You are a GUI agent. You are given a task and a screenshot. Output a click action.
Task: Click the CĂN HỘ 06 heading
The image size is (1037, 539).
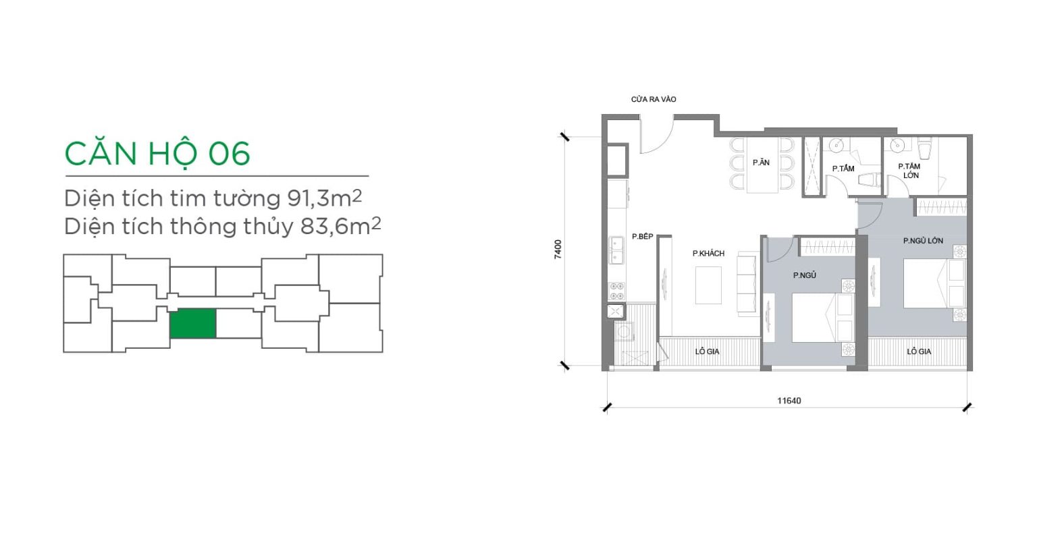(x=157, y=154)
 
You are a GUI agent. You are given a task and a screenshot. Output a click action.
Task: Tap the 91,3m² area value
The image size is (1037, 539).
(x=324, y=198)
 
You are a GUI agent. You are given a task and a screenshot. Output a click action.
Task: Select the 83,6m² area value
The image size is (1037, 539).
(x=340, y=226)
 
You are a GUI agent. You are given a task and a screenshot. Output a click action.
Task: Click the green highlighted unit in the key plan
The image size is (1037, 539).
(x=192, y=323)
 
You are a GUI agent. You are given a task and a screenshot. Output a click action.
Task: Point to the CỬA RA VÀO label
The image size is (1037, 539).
(x=654, y=99)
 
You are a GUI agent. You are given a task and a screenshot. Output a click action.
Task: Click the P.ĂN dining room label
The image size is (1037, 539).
(x=761, y=163)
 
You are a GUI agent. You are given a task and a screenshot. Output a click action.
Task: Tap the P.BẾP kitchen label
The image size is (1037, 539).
(x=643, y=236)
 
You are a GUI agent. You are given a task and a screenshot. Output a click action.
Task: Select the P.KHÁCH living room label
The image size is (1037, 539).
(x=708, y=253)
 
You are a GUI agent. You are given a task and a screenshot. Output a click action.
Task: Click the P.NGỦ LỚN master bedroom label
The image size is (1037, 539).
(x=923, y=241)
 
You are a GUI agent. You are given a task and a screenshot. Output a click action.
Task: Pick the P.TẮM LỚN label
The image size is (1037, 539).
(x=909, y=171)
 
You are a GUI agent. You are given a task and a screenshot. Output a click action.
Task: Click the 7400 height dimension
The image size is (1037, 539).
(x=558, y=249)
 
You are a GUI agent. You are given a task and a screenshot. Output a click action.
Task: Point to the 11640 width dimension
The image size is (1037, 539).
(x=789, y=401)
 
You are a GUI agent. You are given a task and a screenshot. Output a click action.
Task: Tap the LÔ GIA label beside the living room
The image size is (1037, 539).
(x=707, y=351)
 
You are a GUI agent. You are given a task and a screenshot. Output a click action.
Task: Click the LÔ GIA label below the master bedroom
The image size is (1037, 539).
(x=919, y=351)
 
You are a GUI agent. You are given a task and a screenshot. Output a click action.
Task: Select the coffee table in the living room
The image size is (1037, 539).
(x=708, y=285)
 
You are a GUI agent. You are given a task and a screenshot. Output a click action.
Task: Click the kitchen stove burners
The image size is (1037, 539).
(x=616, y=291)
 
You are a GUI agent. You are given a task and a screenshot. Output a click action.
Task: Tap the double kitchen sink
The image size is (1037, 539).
(x=616, y=250)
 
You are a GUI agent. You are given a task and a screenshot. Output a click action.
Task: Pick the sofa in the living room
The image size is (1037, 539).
(x=747, y=283)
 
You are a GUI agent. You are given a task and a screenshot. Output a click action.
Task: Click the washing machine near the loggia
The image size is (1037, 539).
(x=624, y=332)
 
